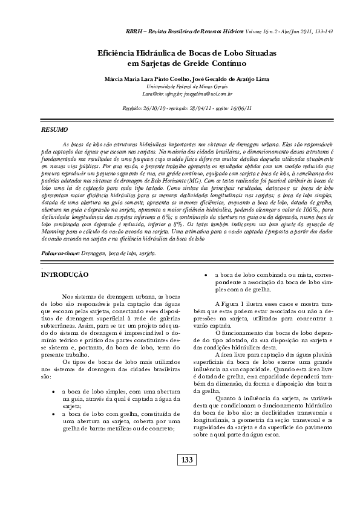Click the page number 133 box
click(x=186, y=477)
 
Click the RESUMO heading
click(x=54, y=130)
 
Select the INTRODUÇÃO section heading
click(x=64, y=274)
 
